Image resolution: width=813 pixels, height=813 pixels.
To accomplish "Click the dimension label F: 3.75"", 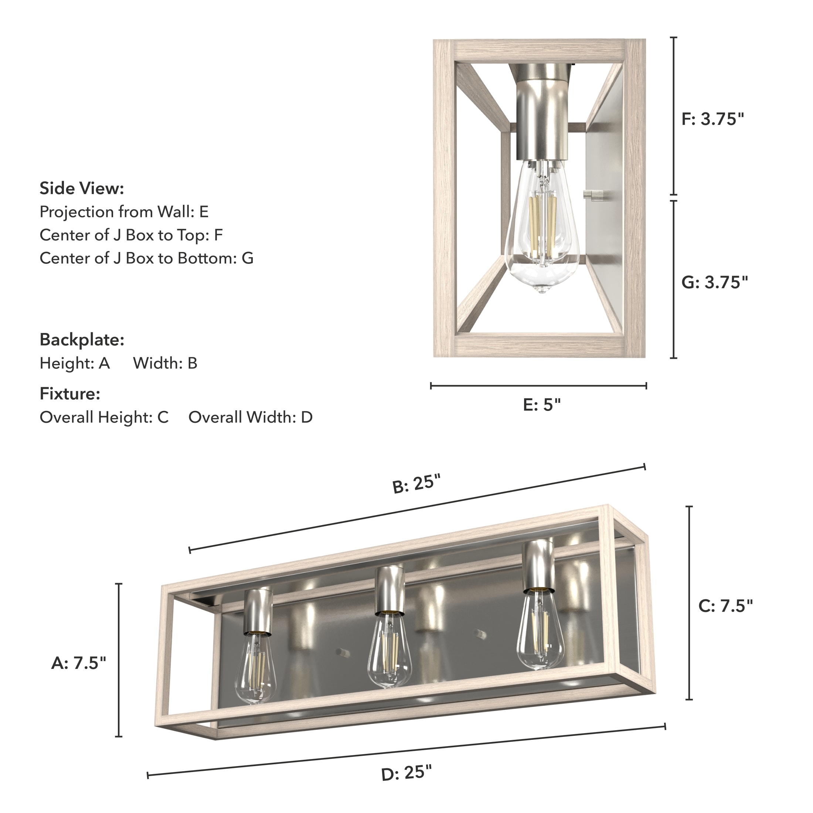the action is tap(713, 119).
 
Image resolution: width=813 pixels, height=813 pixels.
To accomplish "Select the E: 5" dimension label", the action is tap(542, 405).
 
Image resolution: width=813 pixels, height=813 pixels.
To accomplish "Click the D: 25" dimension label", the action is tap(406, 785).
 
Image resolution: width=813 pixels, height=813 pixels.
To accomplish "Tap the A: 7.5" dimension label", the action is tap(79, 663).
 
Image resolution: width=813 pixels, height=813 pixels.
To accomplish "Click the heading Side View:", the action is tap(82, 188).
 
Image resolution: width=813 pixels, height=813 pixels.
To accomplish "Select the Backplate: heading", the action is tap(82, 340).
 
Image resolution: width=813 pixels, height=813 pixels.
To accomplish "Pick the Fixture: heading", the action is tap(70, 394).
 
